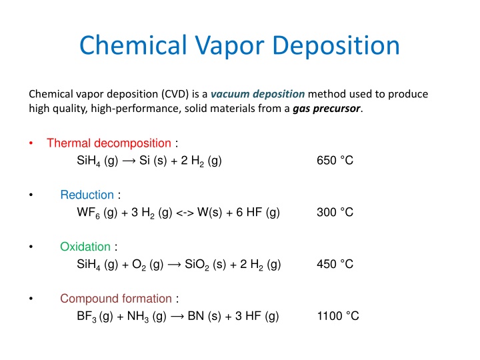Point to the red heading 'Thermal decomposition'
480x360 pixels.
pos(109,143)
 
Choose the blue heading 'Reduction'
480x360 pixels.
pos(87,195)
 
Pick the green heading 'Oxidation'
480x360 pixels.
pos(85,247)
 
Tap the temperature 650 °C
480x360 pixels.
pos(335,161)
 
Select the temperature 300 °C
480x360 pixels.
pos(335,213)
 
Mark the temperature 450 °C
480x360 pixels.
pos(335,265)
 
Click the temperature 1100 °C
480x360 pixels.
pos(338,317)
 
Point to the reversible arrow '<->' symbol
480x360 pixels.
pos(185,213)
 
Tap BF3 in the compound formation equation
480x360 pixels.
pos(87,317)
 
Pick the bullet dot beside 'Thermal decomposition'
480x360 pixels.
pos(31,144)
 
